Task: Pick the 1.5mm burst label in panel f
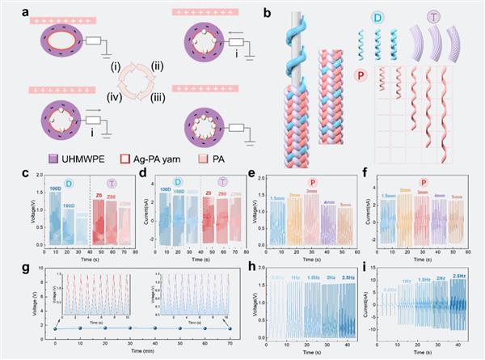tap(388, 195)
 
